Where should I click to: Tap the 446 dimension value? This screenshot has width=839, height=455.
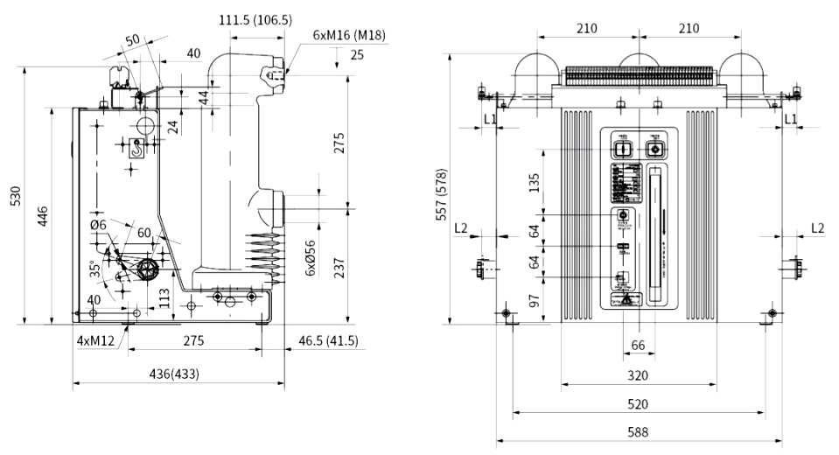coord(41,214)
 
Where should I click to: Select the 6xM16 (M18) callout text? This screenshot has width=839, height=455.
coord(349,36)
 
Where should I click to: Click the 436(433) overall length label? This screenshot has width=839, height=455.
coord(173,374)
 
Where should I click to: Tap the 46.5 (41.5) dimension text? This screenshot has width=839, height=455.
coord(328,339)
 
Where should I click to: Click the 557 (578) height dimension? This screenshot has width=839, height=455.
coord(444,193)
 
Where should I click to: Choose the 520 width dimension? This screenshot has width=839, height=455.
coord(638,403)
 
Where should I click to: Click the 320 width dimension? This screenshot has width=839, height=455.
coord(638,375)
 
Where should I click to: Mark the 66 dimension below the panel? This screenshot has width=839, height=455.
coord(638,346)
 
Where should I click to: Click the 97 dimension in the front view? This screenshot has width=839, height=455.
coord(535,301)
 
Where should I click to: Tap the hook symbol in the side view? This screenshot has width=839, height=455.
coord(136,150)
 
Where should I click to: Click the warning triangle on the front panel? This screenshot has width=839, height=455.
coord(628,299)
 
